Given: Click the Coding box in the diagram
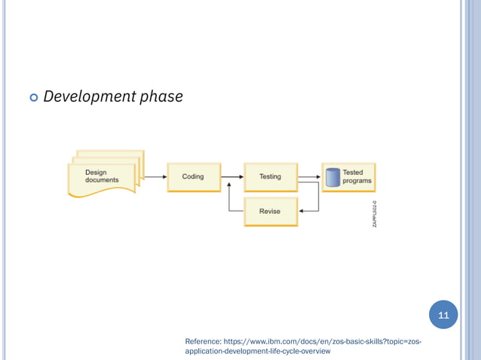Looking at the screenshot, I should click(193, 177).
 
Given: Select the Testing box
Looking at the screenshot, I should click(270, 177).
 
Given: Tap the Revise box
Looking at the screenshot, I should click(270, 212).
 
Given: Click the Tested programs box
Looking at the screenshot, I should click(348, 177).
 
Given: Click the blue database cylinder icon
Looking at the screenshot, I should click(333, 178).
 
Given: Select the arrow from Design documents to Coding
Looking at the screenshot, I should click(155, 177).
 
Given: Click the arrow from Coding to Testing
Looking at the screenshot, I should click(231, 177).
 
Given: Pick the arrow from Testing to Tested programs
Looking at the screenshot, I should click(309, 177).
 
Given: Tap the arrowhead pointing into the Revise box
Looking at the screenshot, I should click(301, 212).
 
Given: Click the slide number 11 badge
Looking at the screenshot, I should click(443, 315).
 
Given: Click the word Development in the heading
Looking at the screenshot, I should click(85, 96).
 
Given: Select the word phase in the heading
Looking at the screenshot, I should click(159, 96).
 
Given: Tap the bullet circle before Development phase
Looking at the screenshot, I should click(32, 98).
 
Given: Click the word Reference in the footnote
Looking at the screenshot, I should click(202, 342).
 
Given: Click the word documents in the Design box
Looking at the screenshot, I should click(102, 181).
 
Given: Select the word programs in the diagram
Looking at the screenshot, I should click(357, 182).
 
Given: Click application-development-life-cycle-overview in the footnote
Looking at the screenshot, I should click(257, 352).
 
